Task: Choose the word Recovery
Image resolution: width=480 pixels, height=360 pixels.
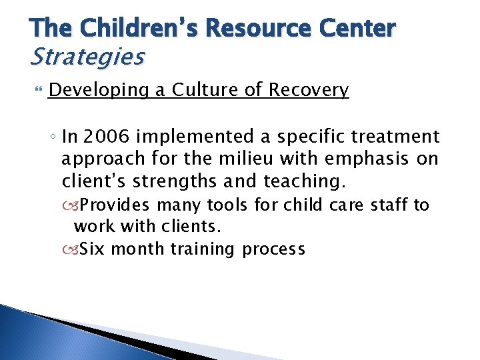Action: click(x=309, y=90)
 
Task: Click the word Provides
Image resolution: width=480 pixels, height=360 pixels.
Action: click(x=117, y=205)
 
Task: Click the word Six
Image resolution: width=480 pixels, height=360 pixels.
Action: click(x=93, y=249)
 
